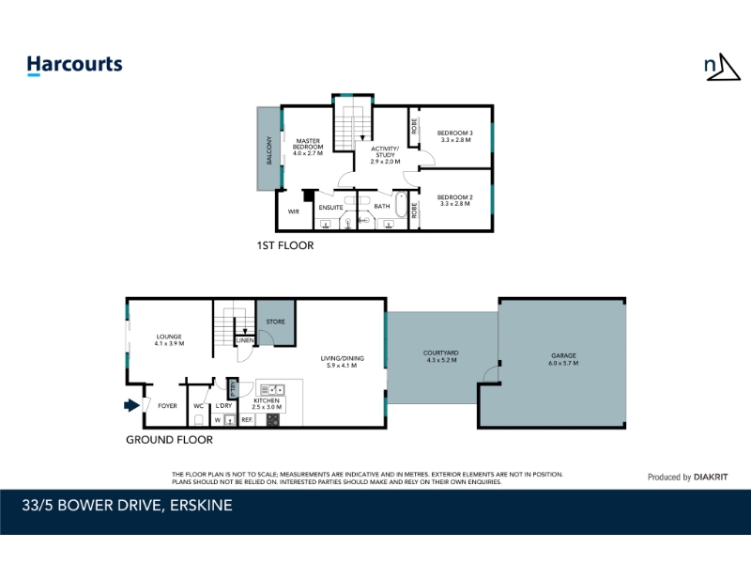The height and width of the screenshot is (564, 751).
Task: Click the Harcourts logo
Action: click(x=75, y=65)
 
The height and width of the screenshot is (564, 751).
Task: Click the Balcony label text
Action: click(x=268, y=150)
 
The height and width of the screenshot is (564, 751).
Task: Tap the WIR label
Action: click(x=294, y=211)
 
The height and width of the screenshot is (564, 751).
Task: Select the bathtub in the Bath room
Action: click(x=401, y=205)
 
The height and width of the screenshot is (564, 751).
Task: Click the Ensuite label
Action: click(x=331, y=207)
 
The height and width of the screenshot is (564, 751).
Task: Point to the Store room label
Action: click(x=275, y=321)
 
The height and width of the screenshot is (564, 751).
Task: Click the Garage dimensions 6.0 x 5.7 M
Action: click(x=563, y=363)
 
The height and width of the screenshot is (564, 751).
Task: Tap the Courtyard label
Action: click(x=440, y=352)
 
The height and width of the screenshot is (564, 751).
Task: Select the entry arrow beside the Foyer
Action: click(x=131, y=405)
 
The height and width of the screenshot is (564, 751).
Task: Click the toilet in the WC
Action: click(x=199, y=420)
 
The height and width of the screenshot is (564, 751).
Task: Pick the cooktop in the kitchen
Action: click(x=273, y=420)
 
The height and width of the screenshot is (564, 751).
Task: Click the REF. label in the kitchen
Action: click(x=247, y=419)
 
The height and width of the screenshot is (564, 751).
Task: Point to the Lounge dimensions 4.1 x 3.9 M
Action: click(x=169, y=343)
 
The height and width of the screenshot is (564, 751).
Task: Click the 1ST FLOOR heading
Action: click(x=285, y=245)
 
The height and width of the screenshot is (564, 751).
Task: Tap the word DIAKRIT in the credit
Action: click(x=711, y=478)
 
